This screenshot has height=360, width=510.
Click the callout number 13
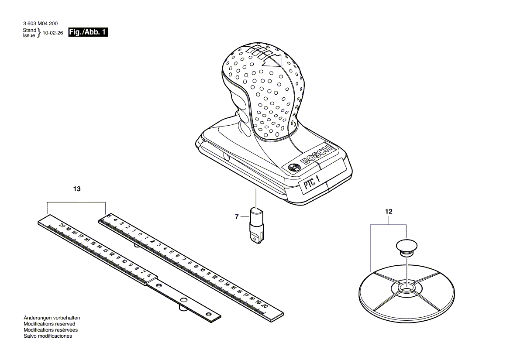click(77, 189)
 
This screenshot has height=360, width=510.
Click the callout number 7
click(237, 216)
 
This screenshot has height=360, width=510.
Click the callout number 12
click(389, 212)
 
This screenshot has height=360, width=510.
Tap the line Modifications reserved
click(49, 324)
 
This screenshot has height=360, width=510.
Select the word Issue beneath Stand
click(29, 35)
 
